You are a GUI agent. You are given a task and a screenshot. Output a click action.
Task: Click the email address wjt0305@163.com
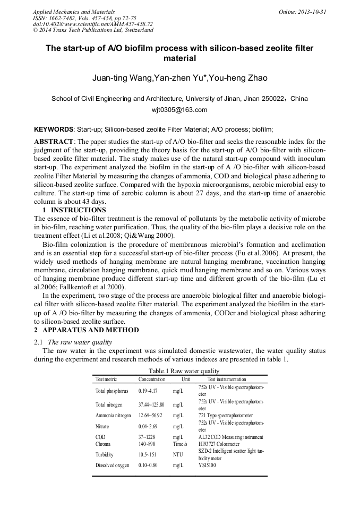[x=179, y=110]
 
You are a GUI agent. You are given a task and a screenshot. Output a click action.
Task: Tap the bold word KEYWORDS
[x=53, y=129]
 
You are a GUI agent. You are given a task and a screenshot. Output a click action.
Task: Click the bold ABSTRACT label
[x=54, y=142]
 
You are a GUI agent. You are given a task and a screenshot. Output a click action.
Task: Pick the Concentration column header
[x=152, y=379]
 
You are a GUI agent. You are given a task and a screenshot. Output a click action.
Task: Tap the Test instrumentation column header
[x=226, y=379]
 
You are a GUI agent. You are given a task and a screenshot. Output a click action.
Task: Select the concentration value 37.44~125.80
[x=151, y=404]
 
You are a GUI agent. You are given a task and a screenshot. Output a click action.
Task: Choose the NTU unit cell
[x=179, y=454]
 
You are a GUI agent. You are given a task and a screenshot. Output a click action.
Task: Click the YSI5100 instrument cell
[x=207, y=465]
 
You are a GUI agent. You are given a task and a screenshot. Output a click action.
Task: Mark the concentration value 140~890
[x=147, y=444]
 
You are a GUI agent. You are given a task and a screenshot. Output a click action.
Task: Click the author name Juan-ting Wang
[x=121, y=79]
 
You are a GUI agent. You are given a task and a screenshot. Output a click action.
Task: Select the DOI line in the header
[x=92, y=24]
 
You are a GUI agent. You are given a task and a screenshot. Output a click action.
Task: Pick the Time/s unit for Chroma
[x=180, y=444]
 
